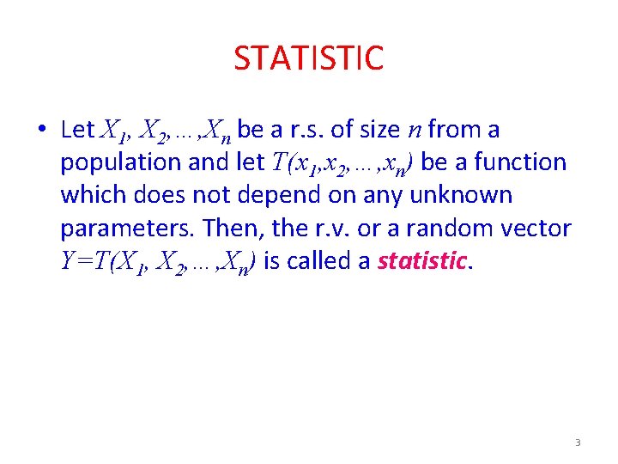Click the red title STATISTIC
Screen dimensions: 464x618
(x=308, y=58)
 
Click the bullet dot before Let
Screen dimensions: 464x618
(x=41, y=131)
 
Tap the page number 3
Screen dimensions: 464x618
(x=578, y=443)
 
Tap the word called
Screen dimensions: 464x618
(x=322, y=260)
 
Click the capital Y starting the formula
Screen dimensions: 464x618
(x=69, y=260)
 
